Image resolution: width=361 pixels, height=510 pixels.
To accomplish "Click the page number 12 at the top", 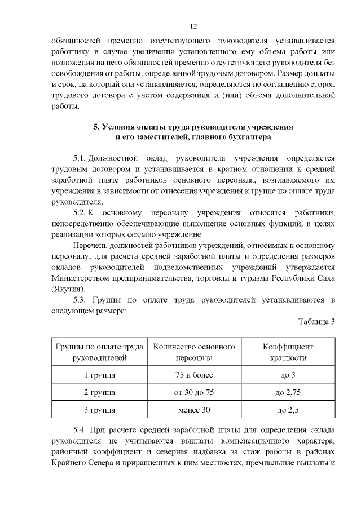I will pos(193,26).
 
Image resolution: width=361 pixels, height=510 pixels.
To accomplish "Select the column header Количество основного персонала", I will pos(193,352).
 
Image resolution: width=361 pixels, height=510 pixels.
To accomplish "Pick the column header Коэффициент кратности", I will pos(288,352).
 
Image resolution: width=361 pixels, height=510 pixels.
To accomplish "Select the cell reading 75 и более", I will pos(193,375).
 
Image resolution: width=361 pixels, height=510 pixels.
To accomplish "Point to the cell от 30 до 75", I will pos(193,392).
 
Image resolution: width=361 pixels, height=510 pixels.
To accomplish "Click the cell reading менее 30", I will pos(193,410).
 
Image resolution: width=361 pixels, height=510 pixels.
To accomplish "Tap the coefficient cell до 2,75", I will pos(288,392).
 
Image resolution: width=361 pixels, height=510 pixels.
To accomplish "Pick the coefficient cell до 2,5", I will pos(288,410).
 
